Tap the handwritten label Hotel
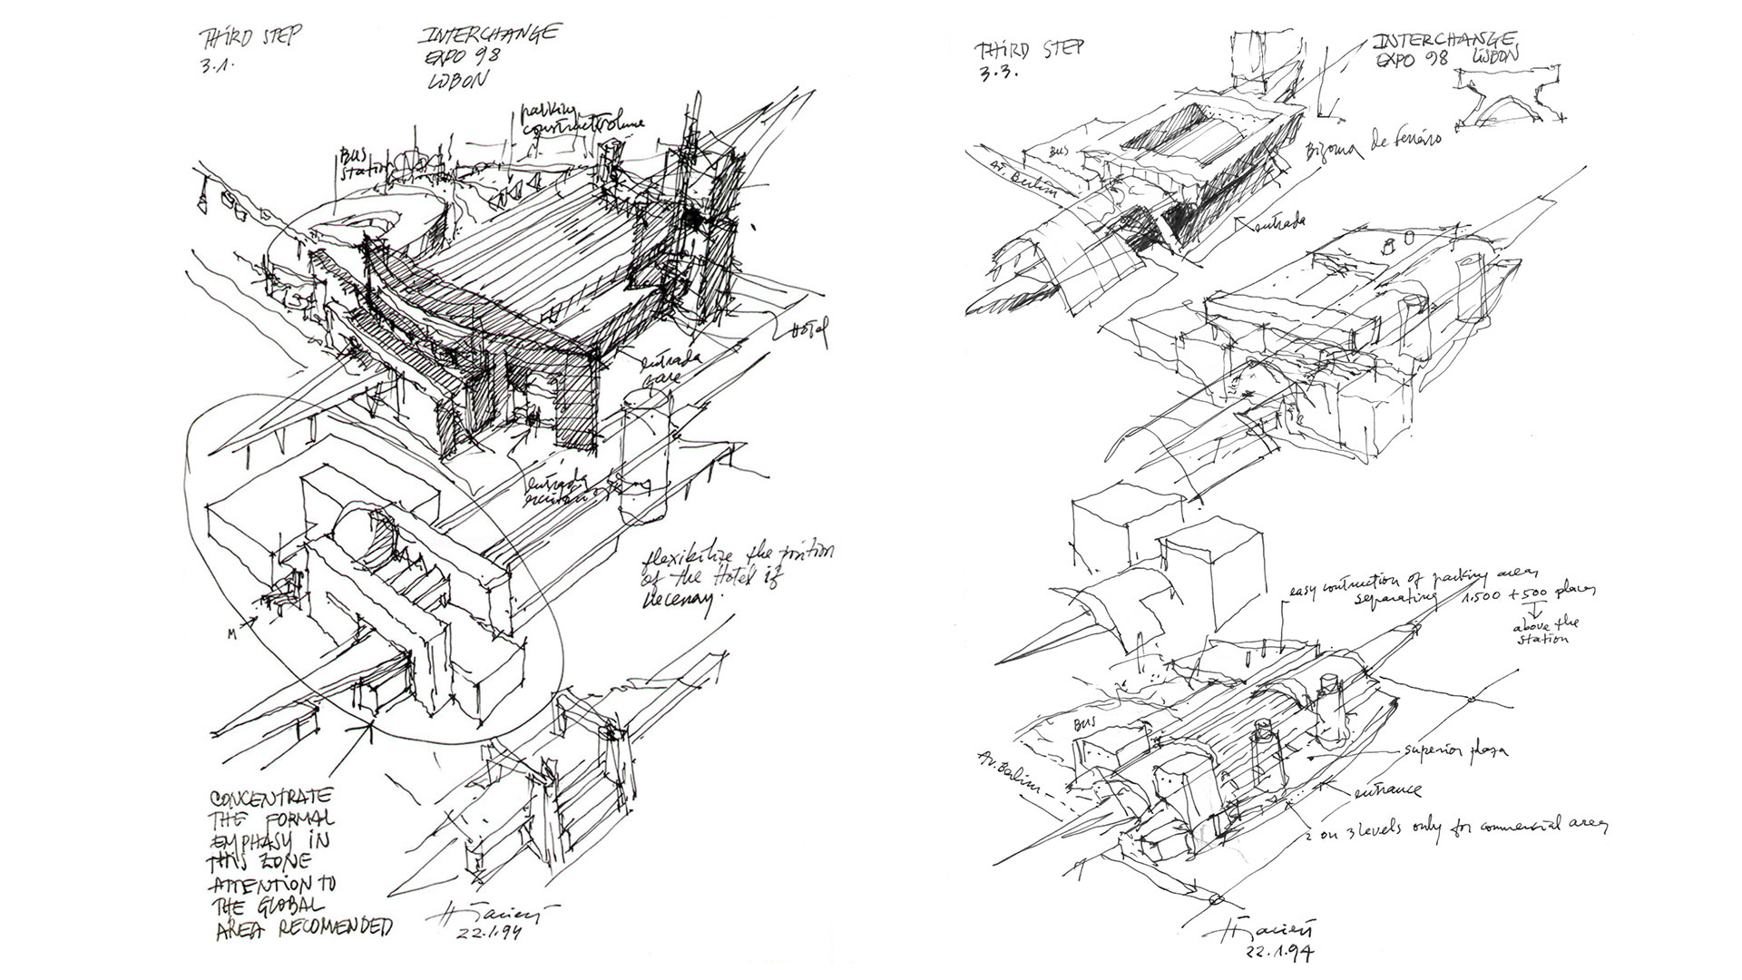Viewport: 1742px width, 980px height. coord(809,333)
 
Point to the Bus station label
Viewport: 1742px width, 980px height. coord(355,160)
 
